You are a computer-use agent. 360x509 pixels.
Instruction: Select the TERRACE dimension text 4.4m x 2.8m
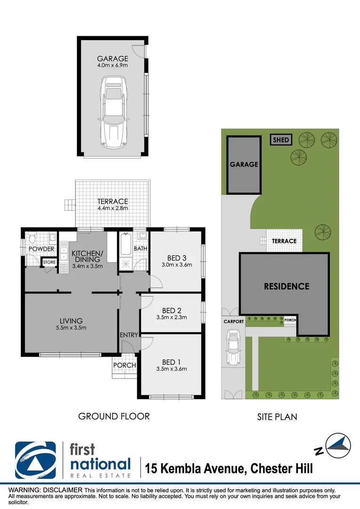pyautogui.click(x=113, y=208)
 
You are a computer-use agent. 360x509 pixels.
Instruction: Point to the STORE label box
pyautogui.click(x=49, y=262)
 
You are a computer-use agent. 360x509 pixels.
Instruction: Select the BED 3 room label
pyautogui.click(x=177, y=258)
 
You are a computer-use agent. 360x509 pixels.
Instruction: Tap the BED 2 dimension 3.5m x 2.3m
pyautogui.click(x=171, y=317)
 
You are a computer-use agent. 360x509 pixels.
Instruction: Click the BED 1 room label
pyautogui.click(x=171, y=361)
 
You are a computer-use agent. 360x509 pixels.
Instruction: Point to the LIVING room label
pyautogui.click(x=71, y=321)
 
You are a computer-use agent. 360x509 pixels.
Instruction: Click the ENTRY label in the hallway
pyautogui.click(x=129, y=335)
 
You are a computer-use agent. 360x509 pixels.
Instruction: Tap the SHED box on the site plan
pyautogui.click(x=281, y=140)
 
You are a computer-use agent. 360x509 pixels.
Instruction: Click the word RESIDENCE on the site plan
pyautogui.click(x=286, y=286)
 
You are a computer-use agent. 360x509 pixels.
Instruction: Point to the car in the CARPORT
pyautogui.click(x=233, y=347)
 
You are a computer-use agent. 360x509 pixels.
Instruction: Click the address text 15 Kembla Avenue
pyautogui.click(x=196, y=468)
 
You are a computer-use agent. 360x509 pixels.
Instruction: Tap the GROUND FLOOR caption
pyautogui.click(x=114, y=416)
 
